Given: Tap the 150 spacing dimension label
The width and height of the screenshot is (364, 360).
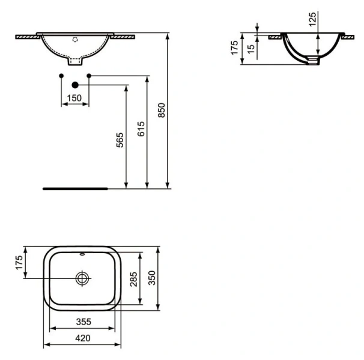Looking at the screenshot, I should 74,98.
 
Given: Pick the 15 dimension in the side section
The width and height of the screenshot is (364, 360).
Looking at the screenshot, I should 251,47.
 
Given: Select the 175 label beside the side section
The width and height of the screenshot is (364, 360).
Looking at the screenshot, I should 235,47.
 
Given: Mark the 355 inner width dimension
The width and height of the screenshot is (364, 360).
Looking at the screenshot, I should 82,322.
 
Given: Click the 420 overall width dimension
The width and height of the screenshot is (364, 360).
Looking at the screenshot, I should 82,338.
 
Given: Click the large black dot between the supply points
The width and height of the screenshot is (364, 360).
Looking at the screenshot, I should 75,86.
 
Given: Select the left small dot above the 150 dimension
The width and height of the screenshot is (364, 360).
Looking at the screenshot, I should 61,75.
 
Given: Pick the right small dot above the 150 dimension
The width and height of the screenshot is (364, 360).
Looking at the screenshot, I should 89,75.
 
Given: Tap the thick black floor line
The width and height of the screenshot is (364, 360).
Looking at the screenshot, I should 75,188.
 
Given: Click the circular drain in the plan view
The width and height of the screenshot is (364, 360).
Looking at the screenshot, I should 82,278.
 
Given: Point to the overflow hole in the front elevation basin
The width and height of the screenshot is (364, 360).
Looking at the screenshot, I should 75,41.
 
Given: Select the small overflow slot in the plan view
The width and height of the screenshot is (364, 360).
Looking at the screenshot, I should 82,253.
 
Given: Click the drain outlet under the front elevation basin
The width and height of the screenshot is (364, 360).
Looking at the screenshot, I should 75,61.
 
